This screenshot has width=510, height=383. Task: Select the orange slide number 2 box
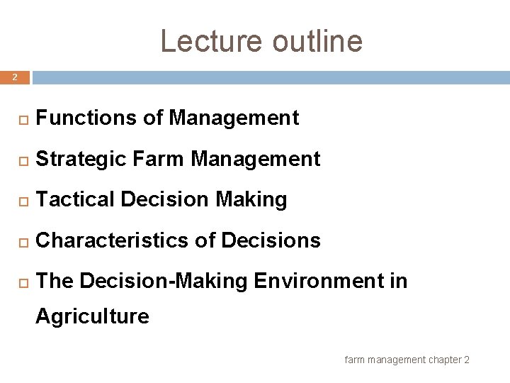point(15,77)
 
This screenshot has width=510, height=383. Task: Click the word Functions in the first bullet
point(86,118)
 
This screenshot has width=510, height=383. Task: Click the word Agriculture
point(92,316)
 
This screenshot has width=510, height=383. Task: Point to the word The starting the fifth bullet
point(55,282)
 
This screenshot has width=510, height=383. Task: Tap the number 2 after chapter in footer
point(466,360)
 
